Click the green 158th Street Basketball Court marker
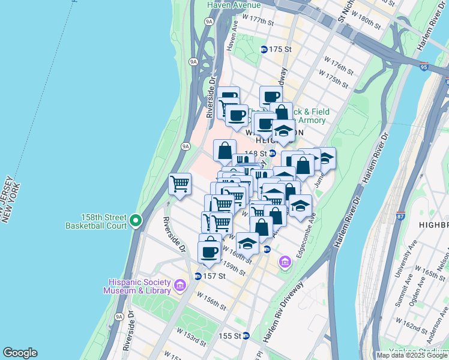136,221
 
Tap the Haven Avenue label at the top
234,5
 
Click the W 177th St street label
258,22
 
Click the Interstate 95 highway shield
424,68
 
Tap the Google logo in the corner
20,353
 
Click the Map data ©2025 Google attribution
412,355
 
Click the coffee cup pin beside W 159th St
209,252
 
